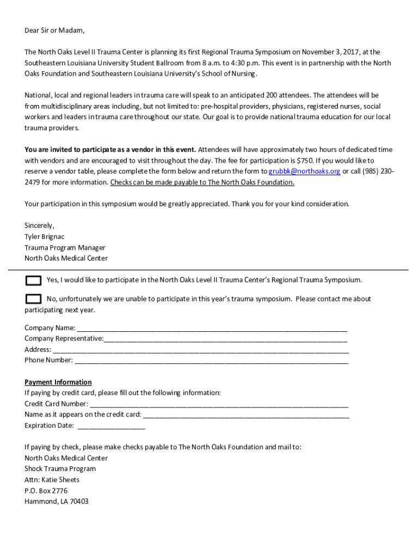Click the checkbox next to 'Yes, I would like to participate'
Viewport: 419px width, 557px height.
(33, 281)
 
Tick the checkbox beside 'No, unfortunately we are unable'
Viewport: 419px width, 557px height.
(33, 299)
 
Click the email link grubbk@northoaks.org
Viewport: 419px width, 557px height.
(304, 171)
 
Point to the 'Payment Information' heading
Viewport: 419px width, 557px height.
(58, 382)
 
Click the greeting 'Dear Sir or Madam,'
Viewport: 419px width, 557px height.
(54, 30)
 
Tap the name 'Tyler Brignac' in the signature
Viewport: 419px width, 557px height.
(45, 237)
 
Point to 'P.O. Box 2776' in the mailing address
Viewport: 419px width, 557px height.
(46, 491)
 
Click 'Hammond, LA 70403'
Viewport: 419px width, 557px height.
(56, 502)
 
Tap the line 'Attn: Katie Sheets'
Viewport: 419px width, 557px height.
(52, 480)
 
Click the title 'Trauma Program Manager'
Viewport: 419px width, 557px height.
(65, 247)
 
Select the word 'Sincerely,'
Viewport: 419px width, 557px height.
(39, 226)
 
